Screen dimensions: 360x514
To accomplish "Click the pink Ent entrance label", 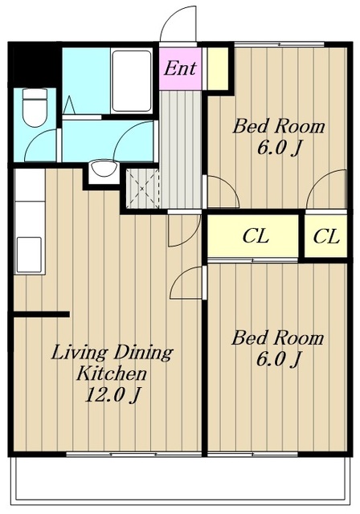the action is pos(180,68).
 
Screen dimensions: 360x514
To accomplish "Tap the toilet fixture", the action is pos(35,108).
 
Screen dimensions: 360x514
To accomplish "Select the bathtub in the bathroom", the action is pos(132,81).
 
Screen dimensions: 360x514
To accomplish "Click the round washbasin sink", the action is pos(104,168).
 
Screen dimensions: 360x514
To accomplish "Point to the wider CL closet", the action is pos(256,236).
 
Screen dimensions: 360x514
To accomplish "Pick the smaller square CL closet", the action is pos(326,237).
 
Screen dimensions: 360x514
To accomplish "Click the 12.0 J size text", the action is pos(113,395).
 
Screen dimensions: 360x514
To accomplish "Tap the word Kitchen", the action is pos(111,373).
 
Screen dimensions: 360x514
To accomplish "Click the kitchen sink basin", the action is pos(29,255).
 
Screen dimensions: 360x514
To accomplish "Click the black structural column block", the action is pos(35,65).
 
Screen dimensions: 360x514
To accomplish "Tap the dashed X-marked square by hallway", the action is pos(142,189).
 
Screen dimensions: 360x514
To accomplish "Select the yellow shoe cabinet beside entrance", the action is pos(218,69).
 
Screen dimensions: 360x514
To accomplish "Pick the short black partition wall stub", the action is pos(41,314).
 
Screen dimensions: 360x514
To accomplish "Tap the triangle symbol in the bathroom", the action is pos(69,105).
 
